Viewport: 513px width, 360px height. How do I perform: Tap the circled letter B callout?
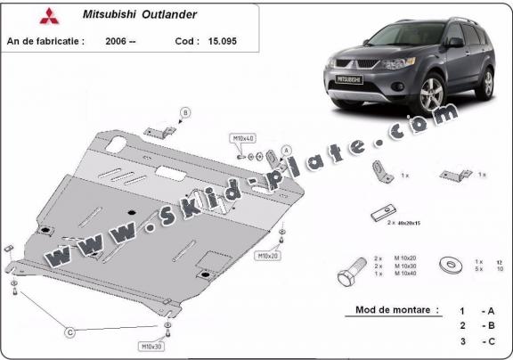(185, 111)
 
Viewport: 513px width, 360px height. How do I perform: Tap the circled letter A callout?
(286, 150)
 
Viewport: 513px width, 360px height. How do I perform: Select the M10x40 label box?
(243, 139)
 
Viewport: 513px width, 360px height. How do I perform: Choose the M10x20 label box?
(268, 256)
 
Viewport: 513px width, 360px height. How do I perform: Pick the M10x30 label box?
(151, 345)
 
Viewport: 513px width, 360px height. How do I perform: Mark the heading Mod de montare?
(391, 310)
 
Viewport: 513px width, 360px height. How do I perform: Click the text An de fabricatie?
(45, 40)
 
